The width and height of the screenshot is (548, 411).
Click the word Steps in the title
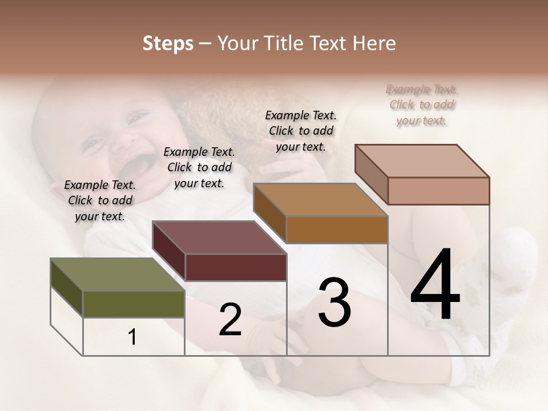168,43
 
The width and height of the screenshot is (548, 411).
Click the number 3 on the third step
335,303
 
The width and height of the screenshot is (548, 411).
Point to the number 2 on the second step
230,320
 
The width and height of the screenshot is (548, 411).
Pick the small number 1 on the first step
132,337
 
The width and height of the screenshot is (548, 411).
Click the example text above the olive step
100,200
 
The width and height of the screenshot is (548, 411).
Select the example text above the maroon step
199,167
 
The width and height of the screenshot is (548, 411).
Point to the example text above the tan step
301,131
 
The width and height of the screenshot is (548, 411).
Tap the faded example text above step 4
422,104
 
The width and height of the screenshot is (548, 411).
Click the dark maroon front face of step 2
236,267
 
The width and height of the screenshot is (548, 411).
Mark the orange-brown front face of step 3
337,229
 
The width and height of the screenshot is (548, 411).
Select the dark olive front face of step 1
134,304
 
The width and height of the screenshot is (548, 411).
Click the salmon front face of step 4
438,191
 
